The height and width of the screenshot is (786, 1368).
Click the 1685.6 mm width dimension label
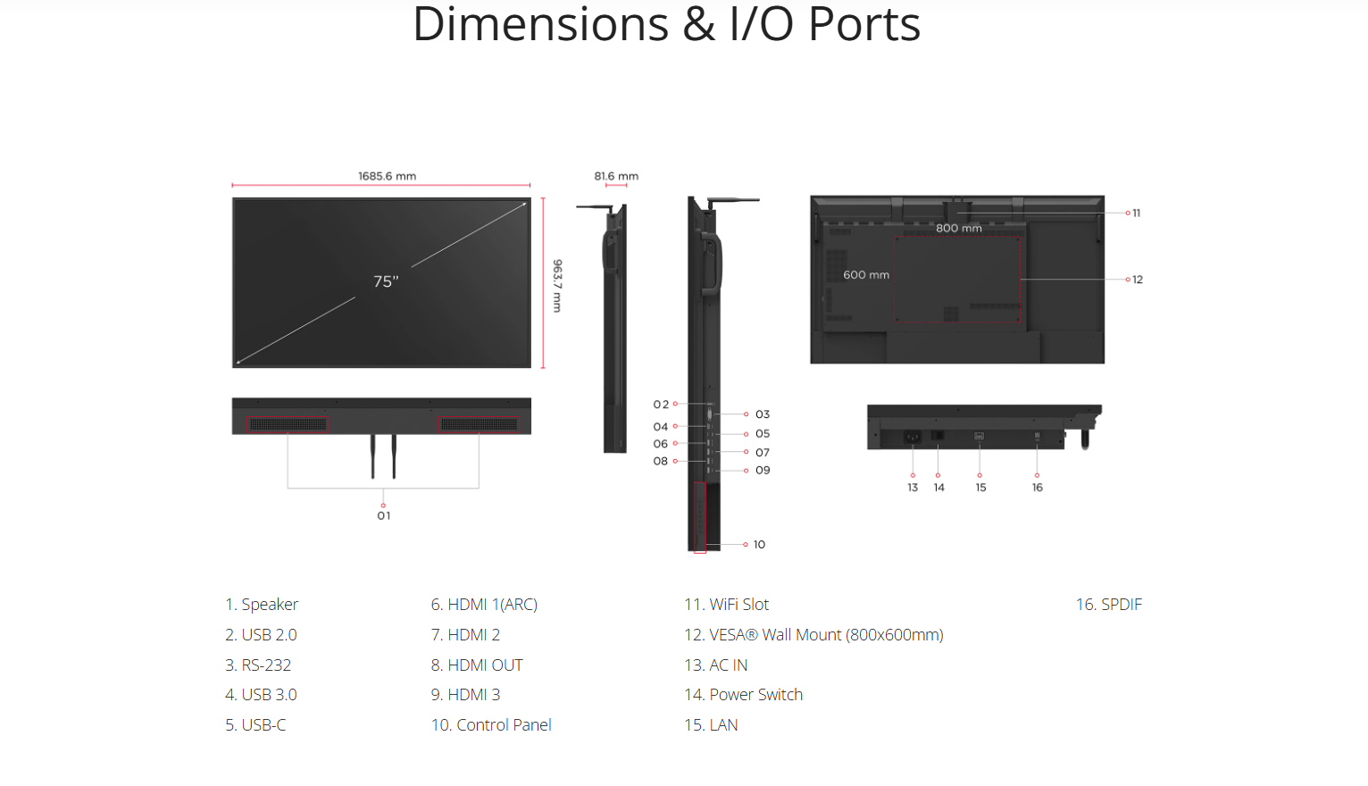387,176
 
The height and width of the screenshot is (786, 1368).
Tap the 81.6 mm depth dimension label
616,176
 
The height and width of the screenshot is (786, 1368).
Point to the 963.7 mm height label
557,286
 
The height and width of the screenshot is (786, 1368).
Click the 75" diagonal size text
386,281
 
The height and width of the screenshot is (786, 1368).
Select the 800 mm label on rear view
958,228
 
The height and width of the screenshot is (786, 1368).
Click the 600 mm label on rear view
866,275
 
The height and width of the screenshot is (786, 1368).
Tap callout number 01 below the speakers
384,515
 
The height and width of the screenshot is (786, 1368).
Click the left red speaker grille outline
288,424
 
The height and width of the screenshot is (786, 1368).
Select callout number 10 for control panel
759,544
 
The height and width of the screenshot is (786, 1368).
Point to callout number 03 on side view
763,414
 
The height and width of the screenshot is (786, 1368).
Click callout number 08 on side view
661,461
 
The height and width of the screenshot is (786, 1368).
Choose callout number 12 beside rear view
1138,280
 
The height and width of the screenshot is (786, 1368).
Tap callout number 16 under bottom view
1038,488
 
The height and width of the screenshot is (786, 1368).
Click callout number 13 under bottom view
913,488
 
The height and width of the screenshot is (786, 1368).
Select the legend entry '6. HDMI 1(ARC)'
484,605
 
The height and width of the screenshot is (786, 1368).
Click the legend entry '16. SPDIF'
1108,605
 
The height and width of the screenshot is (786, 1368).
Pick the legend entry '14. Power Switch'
743,695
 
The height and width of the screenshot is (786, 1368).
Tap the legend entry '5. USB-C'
255,725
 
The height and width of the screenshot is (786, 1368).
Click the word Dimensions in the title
540,24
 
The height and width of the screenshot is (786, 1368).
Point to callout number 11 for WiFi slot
1136,213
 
